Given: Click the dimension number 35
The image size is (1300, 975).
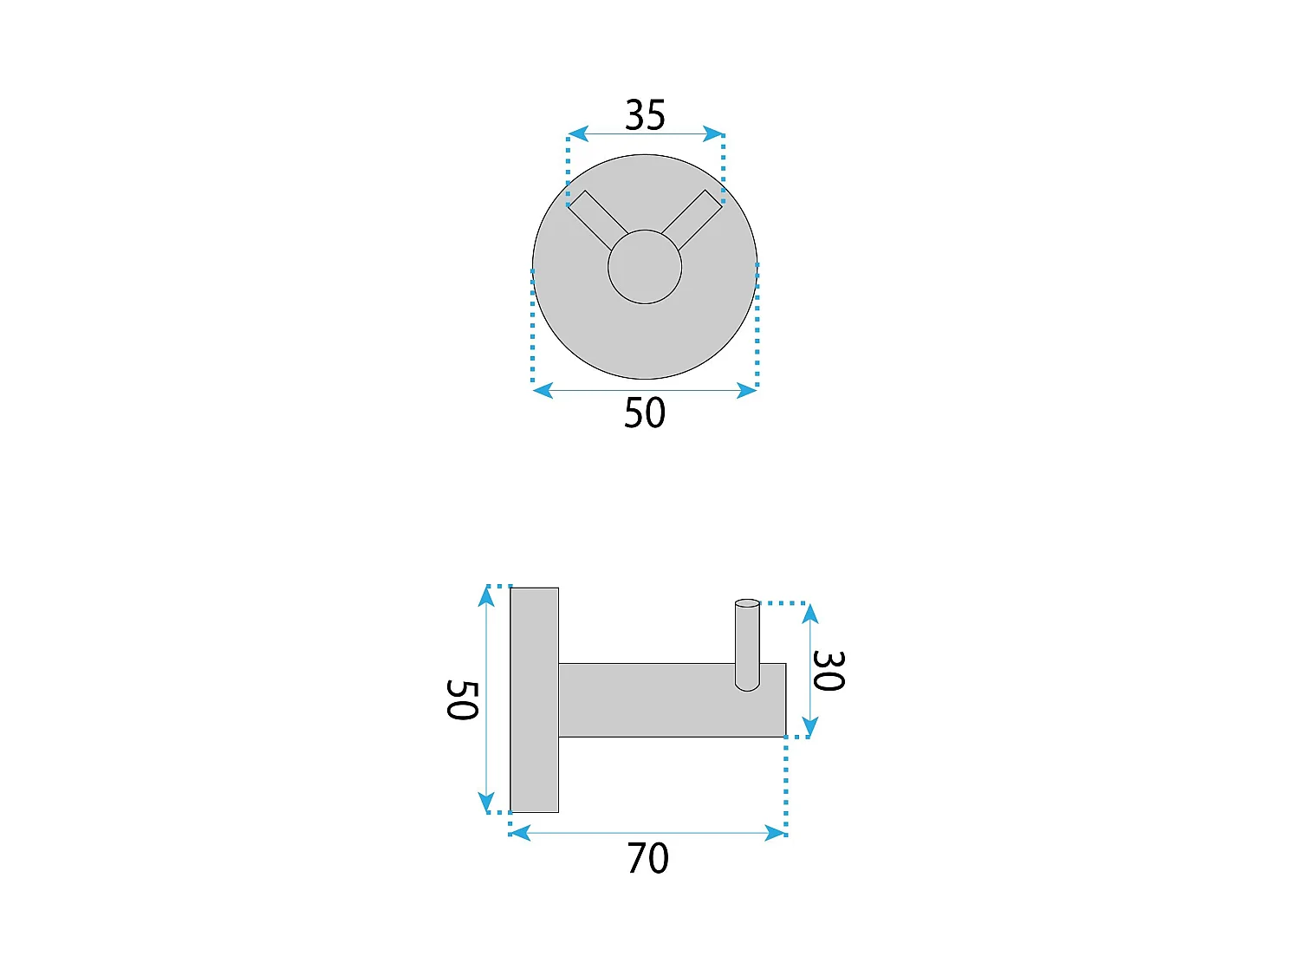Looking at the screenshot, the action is pyautogui.click(x=645, y=115).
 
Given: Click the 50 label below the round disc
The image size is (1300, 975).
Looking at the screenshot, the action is pyautogui.click(x=645, y=413).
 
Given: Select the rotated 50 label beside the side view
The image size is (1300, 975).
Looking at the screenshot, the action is pyautogui.click(x=462, y=699).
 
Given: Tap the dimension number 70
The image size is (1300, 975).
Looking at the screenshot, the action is pyautogui.click(x=648, y=858).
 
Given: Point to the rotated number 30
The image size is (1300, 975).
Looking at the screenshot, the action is pyautogui.click(x=829, y=670).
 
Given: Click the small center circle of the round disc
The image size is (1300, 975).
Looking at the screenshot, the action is pyautogui.click(x=645, y=267).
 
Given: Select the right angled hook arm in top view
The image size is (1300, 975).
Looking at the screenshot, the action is pyautogui.click(x=692, y=219).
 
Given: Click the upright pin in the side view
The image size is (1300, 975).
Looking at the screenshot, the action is pyautogui.click(x=747, y=646).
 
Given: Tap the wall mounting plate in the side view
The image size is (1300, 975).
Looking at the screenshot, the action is pyautogui.click(x=534, y=699).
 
